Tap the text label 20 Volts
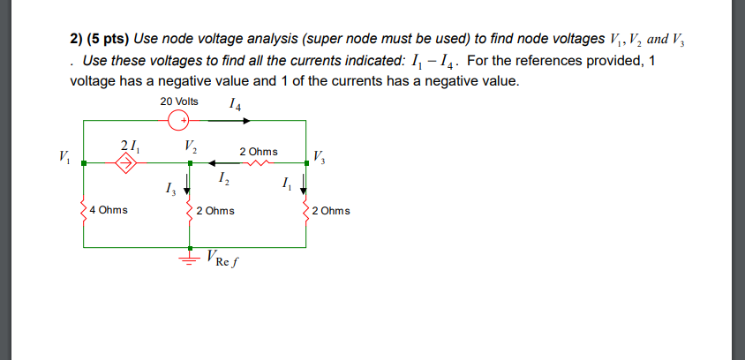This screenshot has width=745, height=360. pos(179,101)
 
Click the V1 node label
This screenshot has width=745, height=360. pos(62,158)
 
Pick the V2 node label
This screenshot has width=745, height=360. pos(191,146)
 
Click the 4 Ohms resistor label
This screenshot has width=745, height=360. pos(109,211)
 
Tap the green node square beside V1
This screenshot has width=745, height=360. pos(83,162)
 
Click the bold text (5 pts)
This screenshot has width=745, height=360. pos(107,40)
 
